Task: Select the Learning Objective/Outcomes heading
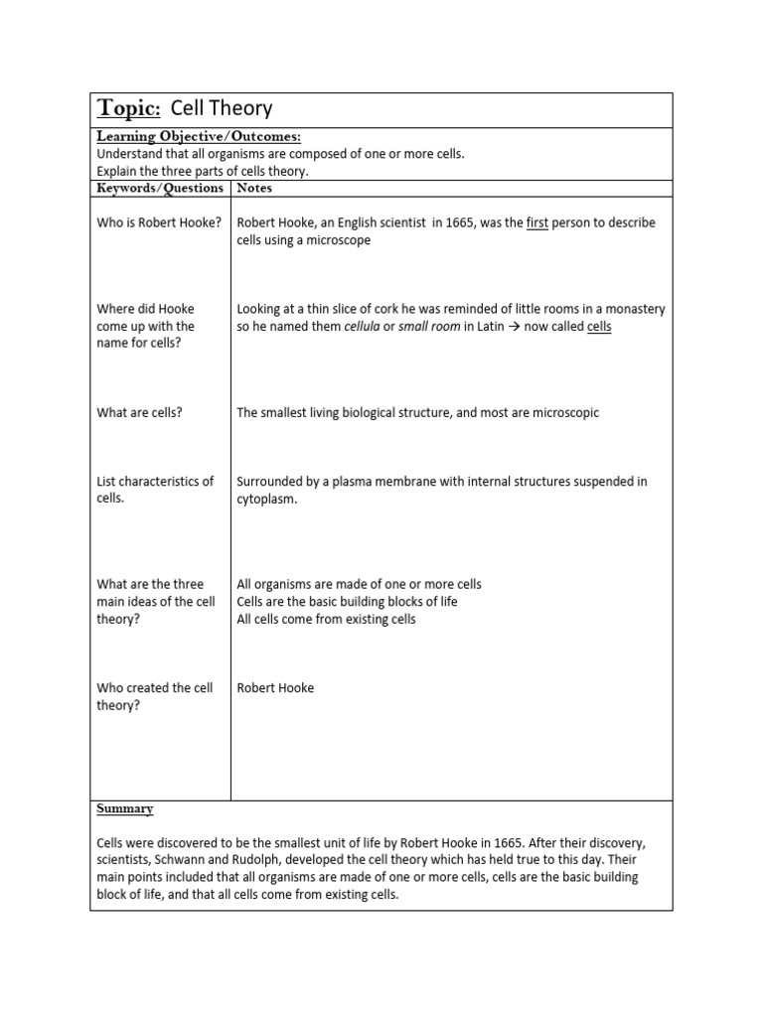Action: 198,137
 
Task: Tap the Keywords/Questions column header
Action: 160,188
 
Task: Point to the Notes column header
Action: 254,188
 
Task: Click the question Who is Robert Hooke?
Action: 159,222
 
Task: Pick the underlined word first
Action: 536,222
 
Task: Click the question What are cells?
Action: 139,412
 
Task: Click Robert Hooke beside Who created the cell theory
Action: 275,687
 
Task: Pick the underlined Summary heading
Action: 125,809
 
